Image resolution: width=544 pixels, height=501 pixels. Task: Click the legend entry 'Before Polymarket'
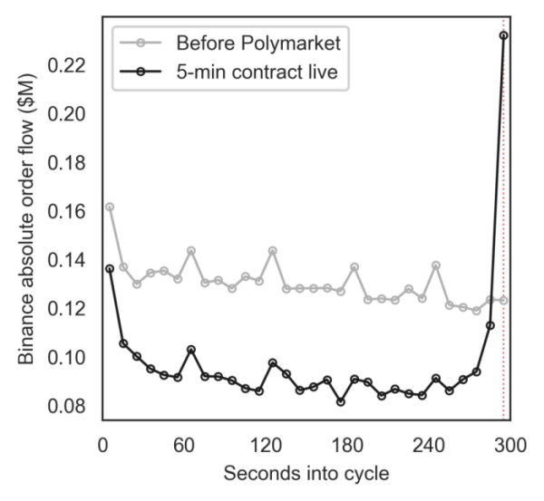coord(258,43)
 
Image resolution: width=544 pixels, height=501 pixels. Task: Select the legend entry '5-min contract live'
coord(257,72)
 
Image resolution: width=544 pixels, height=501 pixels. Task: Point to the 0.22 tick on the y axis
coord(66,65)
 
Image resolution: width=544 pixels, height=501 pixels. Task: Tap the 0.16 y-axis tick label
coord(66,211)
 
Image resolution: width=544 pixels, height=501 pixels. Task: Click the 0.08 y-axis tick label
coord(66,406)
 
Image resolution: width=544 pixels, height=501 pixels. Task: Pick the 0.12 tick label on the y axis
coord(66,309)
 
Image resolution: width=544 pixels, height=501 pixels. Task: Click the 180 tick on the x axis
coord(347,445)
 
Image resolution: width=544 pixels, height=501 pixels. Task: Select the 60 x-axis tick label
coord(184,445)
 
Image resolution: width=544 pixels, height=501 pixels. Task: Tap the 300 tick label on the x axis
coord(510,445)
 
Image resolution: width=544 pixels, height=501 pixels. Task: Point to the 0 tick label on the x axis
coord(102,445)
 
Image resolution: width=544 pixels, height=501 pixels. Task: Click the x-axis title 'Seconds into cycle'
coord(306,474)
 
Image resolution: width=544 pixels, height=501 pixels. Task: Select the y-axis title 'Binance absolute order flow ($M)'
coord(26,218)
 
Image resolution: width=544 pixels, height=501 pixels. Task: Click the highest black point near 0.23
coord(504,35)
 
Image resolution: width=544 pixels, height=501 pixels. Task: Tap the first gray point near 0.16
coord(110,207)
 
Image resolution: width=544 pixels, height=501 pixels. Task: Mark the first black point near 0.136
coord(110,269)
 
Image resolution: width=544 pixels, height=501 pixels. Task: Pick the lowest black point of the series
coord(341,402)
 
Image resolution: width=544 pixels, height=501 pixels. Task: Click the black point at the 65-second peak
coord(191,349)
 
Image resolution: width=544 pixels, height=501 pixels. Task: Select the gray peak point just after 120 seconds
coord(273,250)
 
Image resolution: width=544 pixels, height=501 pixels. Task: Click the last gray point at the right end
coord(504,300)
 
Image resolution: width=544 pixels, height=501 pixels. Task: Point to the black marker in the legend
coord(141,72)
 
